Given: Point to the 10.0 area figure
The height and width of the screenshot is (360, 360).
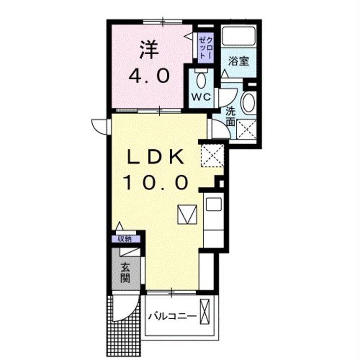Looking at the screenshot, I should (x=156, y=183).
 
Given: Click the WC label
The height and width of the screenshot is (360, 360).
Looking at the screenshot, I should (x=200, y=96).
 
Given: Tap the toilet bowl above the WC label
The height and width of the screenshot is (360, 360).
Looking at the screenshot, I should (x=200, y=80).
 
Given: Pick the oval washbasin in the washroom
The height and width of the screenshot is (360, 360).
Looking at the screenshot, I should (x=248, y=103).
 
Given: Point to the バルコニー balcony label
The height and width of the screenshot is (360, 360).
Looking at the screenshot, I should (x=172, y=316).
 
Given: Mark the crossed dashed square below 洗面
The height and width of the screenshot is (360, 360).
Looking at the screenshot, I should (x=246, y=129).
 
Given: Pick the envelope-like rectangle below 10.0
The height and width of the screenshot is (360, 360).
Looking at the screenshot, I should (x=188, y=214).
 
